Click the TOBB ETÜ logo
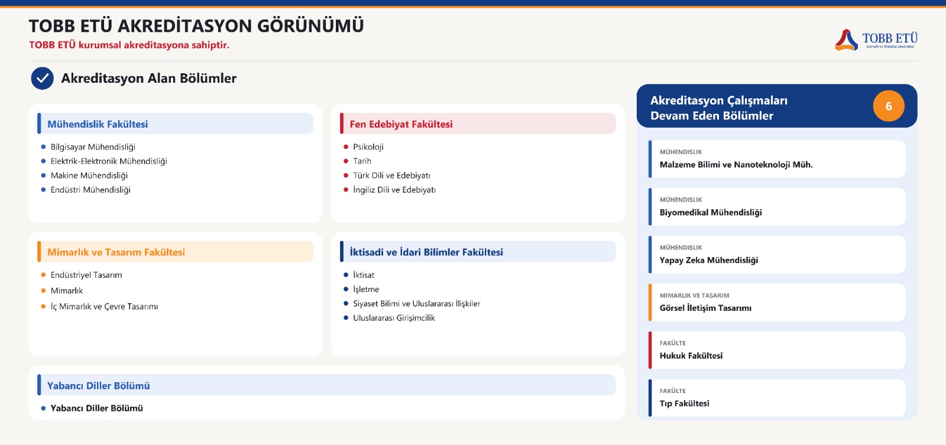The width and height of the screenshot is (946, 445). tap(876, 40)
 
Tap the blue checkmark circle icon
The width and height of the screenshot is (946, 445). tap(42, 78)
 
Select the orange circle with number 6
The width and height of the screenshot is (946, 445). tap(889, 106)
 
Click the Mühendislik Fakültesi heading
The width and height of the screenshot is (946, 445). tap(98, 124)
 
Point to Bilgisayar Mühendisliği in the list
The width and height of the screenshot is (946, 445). tap(93, 147)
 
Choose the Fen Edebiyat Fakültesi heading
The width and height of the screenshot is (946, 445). tap(401, 124)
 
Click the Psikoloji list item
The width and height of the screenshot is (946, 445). tap(368, 147)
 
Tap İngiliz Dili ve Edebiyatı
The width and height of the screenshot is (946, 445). tap(394, 190)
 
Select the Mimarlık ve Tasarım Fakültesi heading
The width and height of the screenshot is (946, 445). tap(116, 252)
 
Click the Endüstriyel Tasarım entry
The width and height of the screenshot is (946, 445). tap(86, 275)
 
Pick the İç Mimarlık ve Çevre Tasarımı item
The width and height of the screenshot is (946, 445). tap(104, 307)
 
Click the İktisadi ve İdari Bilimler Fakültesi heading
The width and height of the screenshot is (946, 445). tap(426, 252)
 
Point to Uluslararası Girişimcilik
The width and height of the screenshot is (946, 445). tap(394, 318)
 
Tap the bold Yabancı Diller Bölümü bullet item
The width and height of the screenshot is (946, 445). tap(97, 408)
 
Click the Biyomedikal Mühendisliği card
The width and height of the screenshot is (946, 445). tap(777, 207)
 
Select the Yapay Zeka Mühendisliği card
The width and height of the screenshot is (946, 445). tap(777, 255)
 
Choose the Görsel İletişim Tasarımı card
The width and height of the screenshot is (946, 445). tap(777, 303)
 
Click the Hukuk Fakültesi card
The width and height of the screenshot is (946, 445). tap(777, 350)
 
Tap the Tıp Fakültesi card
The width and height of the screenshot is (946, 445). tap(777, 398)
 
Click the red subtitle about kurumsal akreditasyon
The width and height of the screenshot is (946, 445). tap(129, 45)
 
